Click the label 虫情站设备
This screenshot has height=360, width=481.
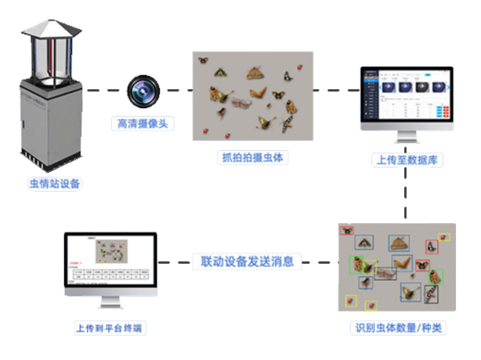[x=55, y=185]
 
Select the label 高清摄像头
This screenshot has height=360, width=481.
[x=143, y=123]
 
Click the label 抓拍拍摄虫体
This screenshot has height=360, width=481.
[x=251, y=157]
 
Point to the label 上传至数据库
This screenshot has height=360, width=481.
[x=406, y=160]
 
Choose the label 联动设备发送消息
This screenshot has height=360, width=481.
[x=247, y=261]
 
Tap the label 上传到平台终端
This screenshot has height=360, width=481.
[x=109, y=328]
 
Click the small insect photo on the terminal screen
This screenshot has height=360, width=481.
[x=111, y=252]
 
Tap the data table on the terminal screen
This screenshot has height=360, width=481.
[x=109, y=276]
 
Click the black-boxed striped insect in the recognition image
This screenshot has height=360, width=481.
[x=431, y=294]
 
